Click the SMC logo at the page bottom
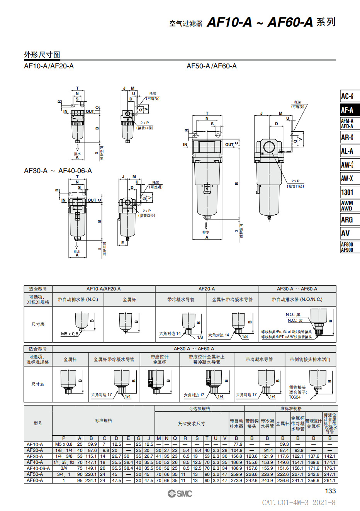point(180,494)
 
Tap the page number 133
point(330,491)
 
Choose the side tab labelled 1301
point(347,192)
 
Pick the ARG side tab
point(347,220)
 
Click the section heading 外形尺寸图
point(42,55)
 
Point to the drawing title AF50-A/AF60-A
point(211,66)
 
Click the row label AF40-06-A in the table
point(38,468)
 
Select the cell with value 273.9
point(236,480)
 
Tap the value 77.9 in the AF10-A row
point(238,444)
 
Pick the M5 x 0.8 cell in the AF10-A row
point(64,444)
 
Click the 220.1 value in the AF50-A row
point(91,474)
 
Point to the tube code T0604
point(294,397)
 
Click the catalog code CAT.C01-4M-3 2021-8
point(299,503)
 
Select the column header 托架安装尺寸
point(192,423)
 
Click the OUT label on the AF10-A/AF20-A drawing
point(90,111)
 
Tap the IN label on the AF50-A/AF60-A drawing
point(185,144)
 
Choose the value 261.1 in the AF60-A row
point(329,480)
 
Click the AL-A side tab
point(347,151)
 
